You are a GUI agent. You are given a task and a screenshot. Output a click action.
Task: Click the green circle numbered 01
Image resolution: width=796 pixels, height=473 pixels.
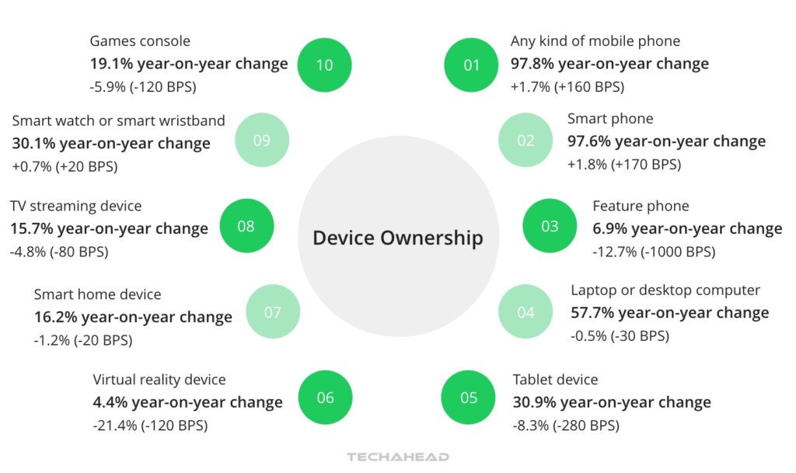tap(471, 64)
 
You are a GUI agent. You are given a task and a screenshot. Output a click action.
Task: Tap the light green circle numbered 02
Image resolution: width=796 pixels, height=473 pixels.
tap(525, 140)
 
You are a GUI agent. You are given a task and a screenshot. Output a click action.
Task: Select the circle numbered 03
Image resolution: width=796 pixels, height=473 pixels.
tap(550, 226)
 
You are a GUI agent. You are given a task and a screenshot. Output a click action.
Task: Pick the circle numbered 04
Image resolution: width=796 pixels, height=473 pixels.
tap(525, 312)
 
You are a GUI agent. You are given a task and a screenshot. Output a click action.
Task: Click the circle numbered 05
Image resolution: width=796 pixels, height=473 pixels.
tap(469, 398)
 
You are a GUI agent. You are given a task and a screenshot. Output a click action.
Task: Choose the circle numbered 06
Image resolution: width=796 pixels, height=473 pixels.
tap(325, 398)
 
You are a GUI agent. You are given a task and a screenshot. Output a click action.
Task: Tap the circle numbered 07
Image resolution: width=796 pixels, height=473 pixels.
tap(272, 312)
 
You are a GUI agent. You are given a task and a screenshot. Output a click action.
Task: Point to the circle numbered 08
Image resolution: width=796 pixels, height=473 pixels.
tap(246, 226)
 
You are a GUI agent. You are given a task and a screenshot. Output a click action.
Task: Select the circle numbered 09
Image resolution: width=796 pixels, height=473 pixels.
tap(261, 140)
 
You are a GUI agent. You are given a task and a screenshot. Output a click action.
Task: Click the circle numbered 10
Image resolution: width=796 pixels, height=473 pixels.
tap(324, 64)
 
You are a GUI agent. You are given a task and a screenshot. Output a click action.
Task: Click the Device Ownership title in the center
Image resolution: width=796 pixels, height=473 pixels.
tap(397, 237)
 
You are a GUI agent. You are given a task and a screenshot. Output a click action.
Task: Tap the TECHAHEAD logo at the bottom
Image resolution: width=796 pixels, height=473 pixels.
tap(398, 457)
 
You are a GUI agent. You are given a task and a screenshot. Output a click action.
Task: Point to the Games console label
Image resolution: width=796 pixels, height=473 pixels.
tap(140, 41)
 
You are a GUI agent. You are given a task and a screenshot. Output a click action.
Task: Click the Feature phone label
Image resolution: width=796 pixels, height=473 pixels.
tap(641, 206)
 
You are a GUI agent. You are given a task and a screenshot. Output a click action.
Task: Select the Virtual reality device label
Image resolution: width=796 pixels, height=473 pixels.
tap(159, 380)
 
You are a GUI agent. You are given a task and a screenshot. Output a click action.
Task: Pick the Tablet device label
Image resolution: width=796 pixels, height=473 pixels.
tap(555, 380)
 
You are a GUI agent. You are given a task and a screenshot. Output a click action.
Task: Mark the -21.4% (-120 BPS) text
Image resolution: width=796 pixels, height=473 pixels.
tap(150, 425)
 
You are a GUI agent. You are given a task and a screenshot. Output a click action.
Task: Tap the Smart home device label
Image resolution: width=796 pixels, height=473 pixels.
tap(97, 294)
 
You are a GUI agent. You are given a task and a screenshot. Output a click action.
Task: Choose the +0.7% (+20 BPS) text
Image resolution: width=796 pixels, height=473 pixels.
tap(65, 165)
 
